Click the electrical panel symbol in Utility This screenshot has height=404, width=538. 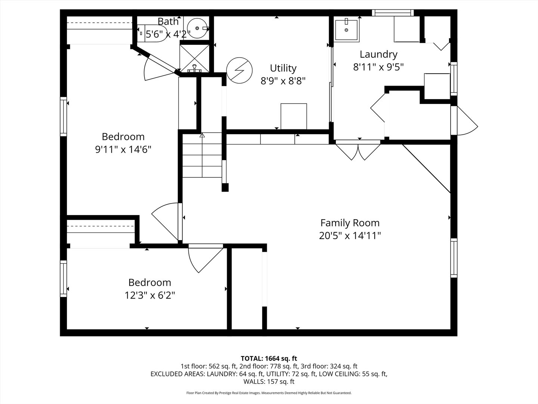pyautogui.click(x=239, y=70)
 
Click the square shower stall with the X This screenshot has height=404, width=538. pyautogui.click(x=194, y=58)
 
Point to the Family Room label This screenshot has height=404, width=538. pyautogui.click(x=350, y=223)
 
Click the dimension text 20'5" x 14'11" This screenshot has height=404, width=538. pyautogui.click(x=350, y=236)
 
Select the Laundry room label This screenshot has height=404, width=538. pyautogui.click(x=378, y=55)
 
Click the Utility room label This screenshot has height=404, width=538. pyautogui.click(x=283, y=68)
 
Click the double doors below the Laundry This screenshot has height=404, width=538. pyautogui.click(x=358, y=150)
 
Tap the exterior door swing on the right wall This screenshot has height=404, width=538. pyautogui.click(x=465, y=122)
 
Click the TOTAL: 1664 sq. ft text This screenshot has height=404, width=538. pyautogui.click(x=269, y=358)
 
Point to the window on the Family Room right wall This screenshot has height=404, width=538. pyautogui.click(x=454, y=257)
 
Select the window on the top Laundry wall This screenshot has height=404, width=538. pyautogui.click(x=393, y=13)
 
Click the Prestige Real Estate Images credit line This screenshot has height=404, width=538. pyautogui.click(x=269, y=393)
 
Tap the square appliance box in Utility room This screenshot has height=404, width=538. pyautogui.click(x=294, y=116)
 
